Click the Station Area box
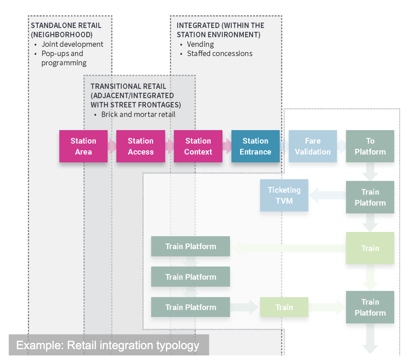click(x=83, y=146)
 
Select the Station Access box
click(x=141, y=146)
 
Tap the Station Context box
click(x=198, y=146)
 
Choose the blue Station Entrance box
click(x=256, y=146)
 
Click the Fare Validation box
click(x=313, y=146)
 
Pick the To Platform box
click(x=370, y=146)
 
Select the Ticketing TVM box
click(x=284, y=195)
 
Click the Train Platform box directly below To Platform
click(x=370, y=197)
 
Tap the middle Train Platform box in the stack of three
click(x=191, y=277)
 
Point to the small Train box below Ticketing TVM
click(x=284, y=307)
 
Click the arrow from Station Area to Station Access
click(x=112, y=146)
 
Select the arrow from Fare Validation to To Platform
click(x=341, y=146)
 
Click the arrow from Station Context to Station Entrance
click(x=227, y=146)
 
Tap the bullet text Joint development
click(x=72, y=44)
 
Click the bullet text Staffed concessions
click(x=220, y=53)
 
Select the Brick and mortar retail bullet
click(x=138, y=114)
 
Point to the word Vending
click(x=200, y=44)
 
